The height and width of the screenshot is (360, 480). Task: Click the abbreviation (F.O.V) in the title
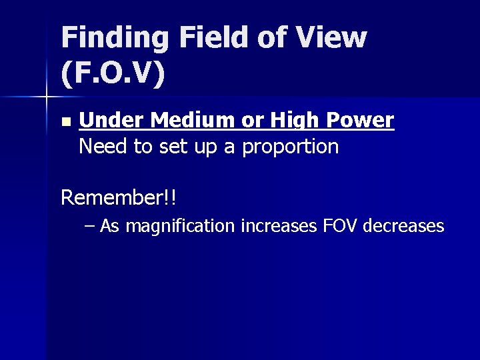pyautogui.click(x=112, y=74)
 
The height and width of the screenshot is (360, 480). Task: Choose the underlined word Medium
pyautogui.click(x=193, y=121)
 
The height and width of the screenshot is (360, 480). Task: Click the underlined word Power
pyautogui.click(x=360, y=121)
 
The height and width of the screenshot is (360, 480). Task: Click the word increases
pyautogui.click(x=279, y=227)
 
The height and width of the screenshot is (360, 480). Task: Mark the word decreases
pyautogui.click(x=403, y=227)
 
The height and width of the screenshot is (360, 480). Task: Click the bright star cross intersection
pyautogui.click(x=46, y=97)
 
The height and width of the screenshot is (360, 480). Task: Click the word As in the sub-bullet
pyautogui.click(x=110, y=227)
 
